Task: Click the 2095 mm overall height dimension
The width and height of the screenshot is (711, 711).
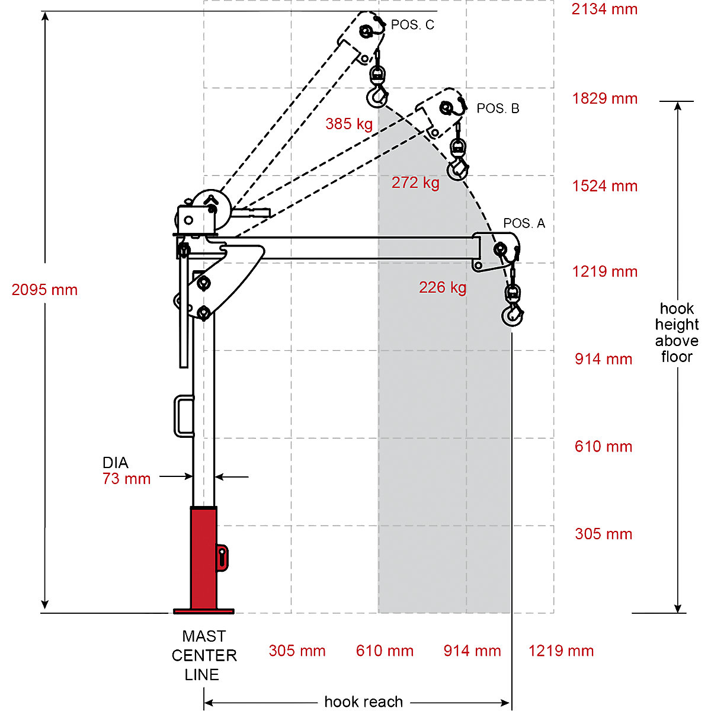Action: point(44,290)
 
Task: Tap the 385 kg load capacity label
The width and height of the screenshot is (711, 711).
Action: point(349,124)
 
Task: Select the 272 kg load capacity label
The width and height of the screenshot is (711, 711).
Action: point(415,182)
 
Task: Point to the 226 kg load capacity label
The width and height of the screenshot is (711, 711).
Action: point(443,287)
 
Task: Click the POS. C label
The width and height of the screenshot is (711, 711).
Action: point(412,25)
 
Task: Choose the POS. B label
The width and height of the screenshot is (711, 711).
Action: point(498,108)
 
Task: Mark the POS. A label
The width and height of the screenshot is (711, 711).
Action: point(524,223)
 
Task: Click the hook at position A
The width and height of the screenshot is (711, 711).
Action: point(513,316)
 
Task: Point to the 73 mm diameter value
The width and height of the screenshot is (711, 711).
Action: point(126,479)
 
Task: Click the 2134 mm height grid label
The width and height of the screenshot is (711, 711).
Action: point(604,9)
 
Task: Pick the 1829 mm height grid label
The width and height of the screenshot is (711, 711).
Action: point(604,98)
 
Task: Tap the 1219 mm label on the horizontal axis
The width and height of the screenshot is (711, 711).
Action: point(561,651)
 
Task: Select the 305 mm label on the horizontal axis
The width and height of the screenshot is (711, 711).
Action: point(297,651)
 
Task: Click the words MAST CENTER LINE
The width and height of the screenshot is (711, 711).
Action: point(204,655)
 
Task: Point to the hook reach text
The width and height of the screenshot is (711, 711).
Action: point(363,702)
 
